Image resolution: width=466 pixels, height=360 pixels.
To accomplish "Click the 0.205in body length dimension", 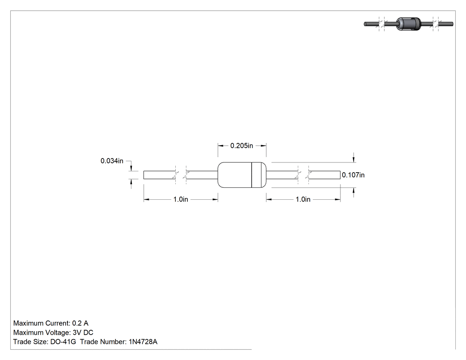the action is pyautogui.click(x=241, y=146).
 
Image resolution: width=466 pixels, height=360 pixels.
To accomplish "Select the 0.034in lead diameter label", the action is pyautogui.click(x=112, y=161).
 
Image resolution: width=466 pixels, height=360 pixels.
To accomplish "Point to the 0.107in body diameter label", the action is pyautogui.click(x=353, y=175).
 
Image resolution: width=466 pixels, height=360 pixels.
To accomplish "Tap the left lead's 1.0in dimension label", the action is pyautogui.click(x=181, y=199).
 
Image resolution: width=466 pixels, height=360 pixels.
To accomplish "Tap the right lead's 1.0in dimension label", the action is pyautogui.click(x=303, y=199).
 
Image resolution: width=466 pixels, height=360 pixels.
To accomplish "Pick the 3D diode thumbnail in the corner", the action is pyautogui.click(x=409, y=24).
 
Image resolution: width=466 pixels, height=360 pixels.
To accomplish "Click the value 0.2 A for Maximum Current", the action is pyautogui.click(x=80, y=323).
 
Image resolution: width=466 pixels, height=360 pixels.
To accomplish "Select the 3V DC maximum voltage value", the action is pyautogui.click(x=83, y=332).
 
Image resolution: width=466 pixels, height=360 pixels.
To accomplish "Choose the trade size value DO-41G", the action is pyautogui.click(x=63, y=342).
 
